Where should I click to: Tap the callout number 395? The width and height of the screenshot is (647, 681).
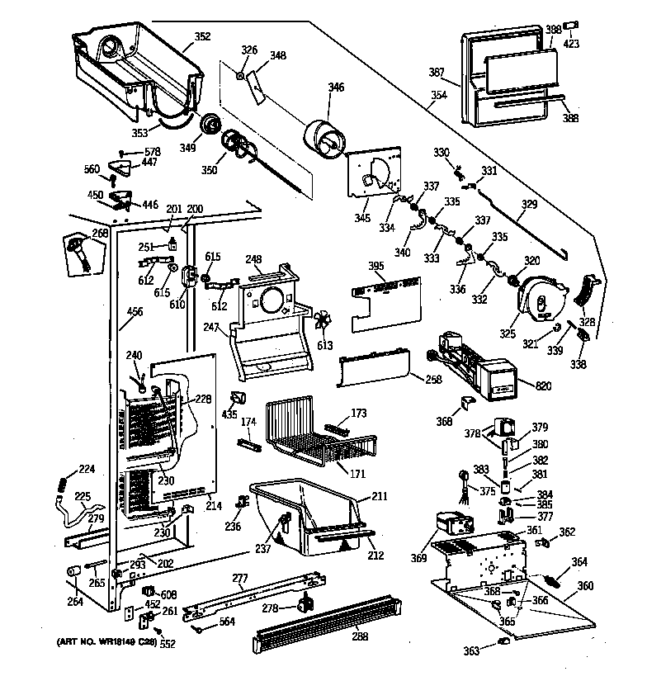pos(376,266)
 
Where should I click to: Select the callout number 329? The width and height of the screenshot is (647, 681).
pos(529,204)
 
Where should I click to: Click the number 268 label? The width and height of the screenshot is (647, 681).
pos(100,234)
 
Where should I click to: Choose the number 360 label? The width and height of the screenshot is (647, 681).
pos(585,586)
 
